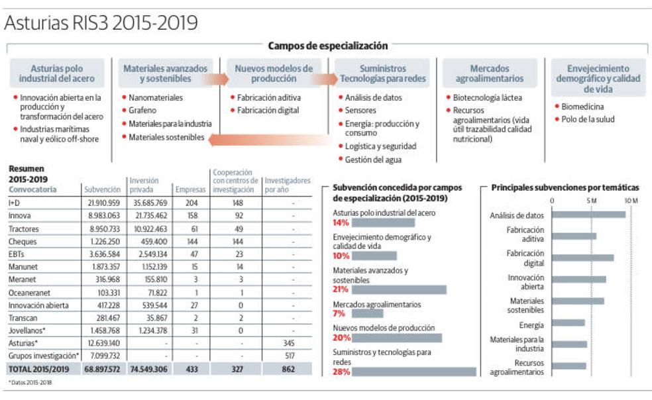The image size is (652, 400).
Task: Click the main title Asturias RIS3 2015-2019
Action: (101, 23)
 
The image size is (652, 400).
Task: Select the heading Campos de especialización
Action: (327, 46)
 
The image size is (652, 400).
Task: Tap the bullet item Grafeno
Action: (142, 111)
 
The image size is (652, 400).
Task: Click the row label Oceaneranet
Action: (29, 292)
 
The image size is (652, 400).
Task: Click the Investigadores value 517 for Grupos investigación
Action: (288, 356)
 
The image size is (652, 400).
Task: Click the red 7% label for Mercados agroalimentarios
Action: (340, 313)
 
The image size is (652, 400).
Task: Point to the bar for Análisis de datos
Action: (588, 215)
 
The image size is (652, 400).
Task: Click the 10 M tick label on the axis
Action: (630, 200)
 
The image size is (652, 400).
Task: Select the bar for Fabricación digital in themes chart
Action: (582, 258)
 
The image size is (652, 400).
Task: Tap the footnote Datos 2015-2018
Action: (30, 382)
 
